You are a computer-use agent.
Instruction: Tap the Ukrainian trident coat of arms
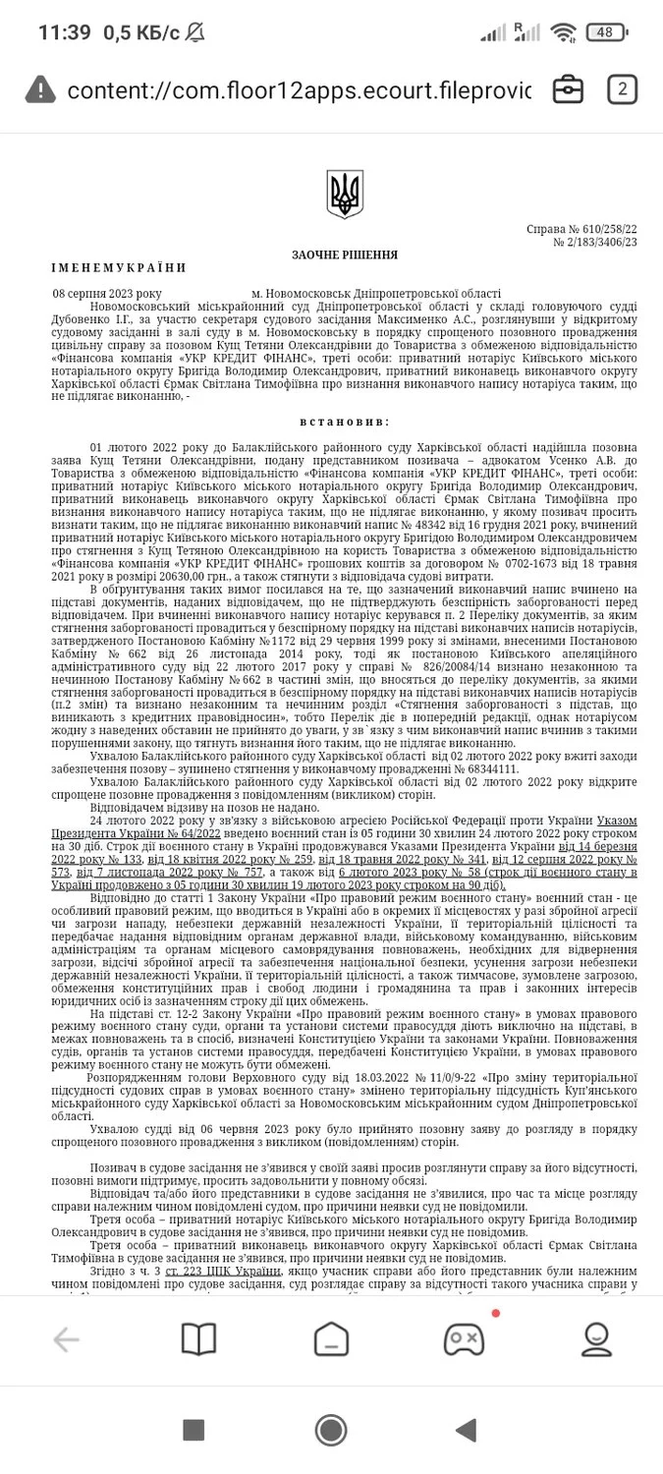point(345,194)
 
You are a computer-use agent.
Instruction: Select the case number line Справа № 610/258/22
point(581,229)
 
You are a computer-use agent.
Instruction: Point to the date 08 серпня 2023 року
point(108,293)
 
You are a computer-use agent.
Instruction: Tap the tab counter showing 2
point(621,89)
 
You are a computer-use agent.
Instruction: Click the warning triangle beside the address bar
point(40,89)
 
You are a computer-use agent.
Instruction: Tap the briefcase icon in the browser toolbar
point(568,89)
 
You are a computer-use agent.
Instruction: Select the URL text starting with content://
point(299,90)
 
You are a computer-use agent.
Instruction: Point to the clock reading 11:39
point(64,32)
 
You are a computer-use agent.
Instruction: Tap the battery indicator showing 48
point(606,32)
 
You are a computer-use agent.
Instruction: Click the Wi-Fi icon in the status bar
point(563,32)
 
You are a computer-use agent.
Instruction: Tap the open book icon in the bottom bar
point(198,1338)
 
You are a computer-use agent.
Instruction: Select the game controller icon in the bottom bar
point(464,1338)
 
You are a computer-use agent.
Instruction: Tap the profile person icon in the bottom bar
point(596,1338)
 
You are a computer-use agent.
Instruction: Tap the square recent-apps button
point(193,1430)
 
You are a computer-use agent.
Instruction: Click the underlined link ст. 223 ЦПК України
point(223,1271)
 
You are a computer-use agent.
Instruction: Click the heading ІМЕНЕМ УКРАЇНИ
point(119,267)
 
